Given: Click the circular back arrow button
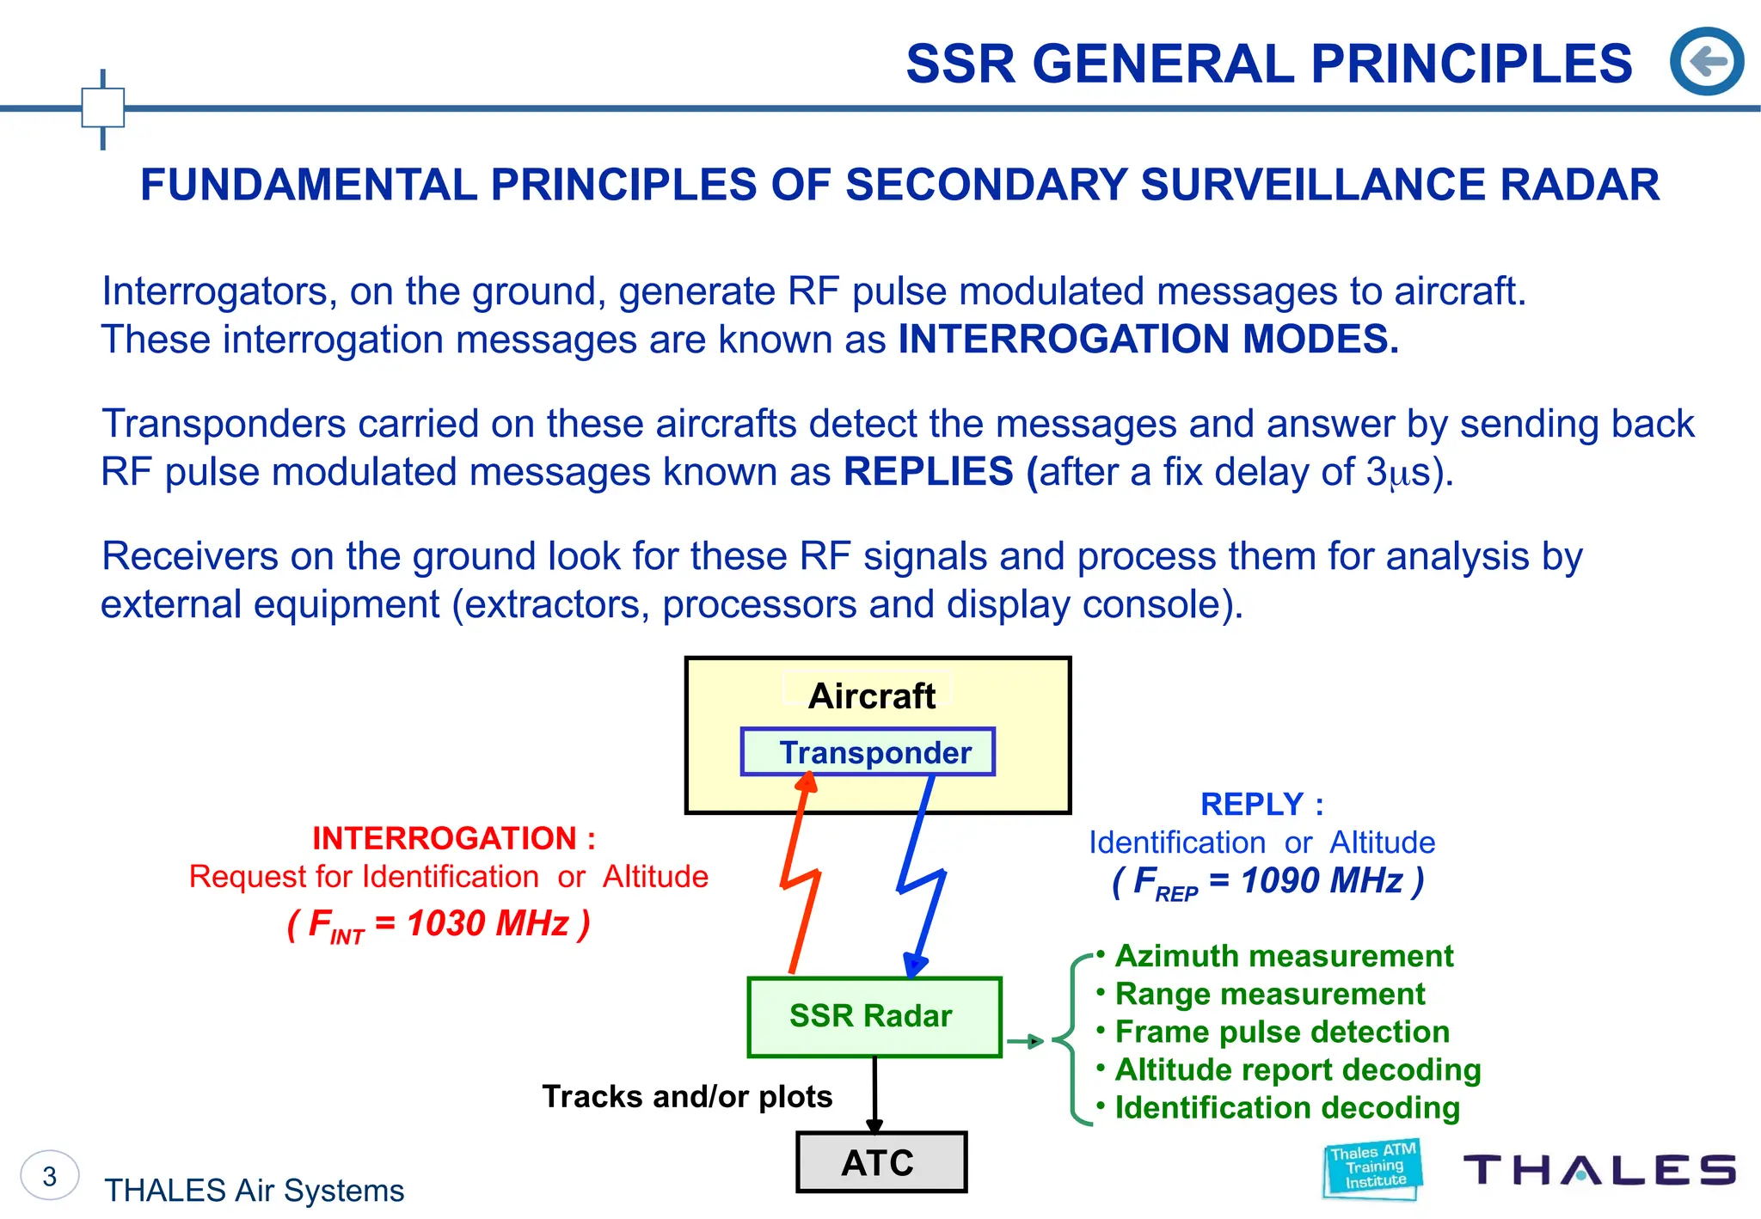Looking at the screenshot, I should [x=1706, y=61].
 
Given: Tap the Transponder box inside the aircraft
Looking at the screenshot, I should [x=868, y=752].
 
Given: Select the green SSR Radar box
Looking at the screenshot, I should [x=874, y=1016].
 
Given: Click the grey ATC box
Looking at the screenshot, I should [x=881, y=1162].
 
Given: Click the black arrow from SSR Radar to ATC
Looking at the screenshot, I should [x=874, y=1092].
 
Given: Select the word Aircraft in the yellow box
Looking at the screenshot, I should [x=871, y=695].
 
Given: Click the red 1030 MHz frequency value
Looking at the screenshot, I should [x=487, y=923].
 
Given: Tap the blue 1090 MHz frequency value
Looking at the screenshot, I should [x=1322, y=880].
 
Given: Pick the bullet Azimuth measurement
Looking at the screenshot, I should [x=1283, y=956].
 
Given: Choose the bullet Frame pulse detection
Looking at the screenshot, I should [x=1281, y=1032].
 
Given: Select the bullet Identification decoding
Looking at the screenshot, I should [x=1286, y=1107].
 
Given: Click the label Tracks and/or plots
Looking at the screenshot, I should [x=687, y=1096].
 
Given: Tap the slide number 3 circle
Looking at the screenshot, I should [x=50, y=1175].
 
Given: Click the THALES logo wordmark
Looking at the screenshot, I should [x=1599, y=1170].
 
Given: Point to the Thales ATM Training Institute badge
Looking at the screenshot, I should [x=1372, y=1167].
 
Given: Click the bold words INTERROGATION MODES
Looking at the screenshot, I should [x=1148, y=339].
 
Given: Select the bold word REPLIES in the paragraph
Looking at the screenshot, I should [x=929, y=471].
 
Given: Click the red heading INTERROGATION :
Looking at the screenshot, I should [x=453, y=837].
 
